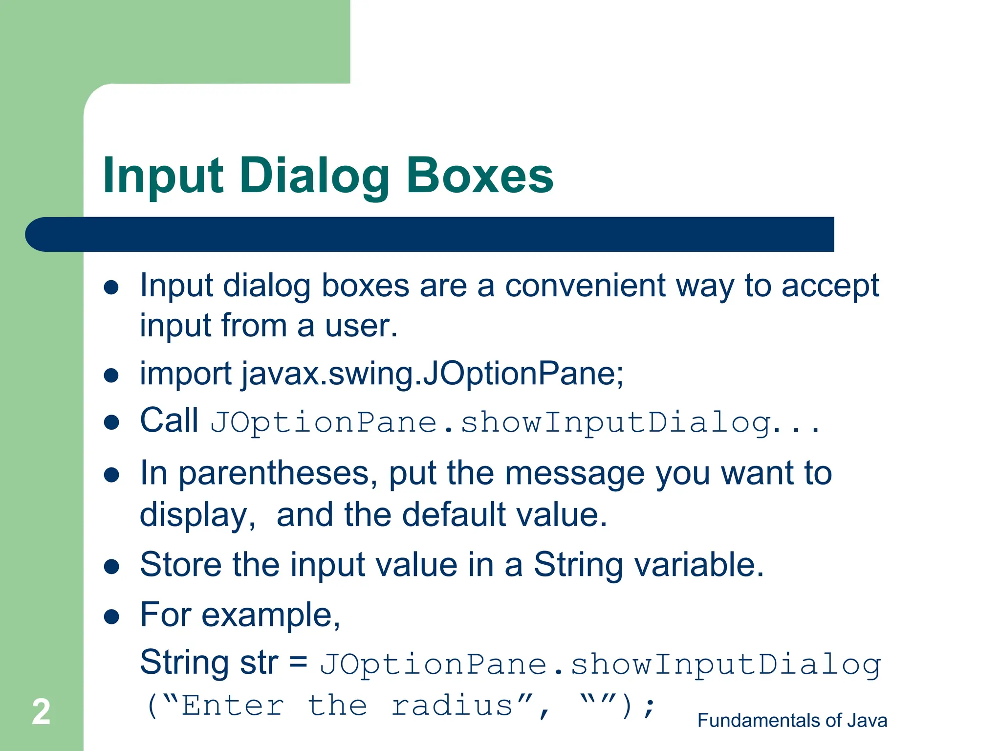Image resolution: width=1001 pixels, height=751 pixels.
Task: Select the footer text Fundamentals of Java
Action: [x=792, y=721]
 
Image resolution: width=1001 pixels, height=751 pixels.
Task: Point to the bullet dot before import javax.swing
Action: [x=111, y=375]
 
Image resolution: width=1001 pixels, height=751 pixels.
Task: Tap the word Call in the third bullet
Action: [x=169, y=420]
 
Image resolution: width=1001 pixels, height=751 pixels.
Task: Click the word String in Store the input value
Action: [x=578, y=565]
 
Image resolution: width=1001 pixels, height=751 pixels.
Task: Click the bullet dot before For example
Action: [x=111, y=617]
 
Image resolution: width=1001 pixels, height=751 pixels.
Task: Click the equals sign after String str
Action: [x=298, y=663]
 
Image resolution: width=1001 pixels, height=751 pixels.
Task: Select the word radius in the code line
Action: [x=452, y=706]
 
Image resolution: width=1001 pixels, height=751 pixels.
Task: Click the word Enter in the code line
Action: [x=233, y=706]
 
